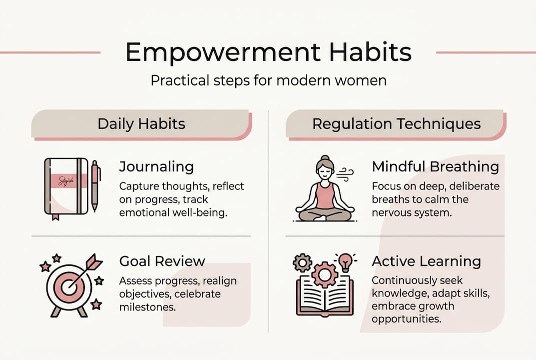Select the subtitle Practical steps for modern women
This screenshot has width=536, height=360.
pyautogui.click(x=268, y=80)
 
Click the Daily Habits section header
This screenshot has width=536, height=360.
pyautogui.click(x=141, y=124)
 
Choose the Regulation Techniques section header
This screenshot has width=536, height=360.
pyautogui.click(x=396, y=124)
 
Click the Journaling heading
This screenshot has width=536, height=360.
pyautogui.click(x=156, y=167)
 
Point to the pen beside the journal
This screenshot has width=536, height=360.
pyautogui.click(x=95, y=185)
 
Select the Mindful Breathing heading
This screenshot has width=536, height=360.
pyautogui.click(x=435, y=167)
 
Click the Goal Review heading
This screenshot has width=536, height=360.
pyautogui.click(x=162, y=261)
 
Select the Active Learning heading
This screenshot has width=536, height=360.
pyautogui.click(x=426, y=261)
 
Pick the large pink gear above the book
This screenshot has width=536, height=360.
pyautogui.click(x=323, y=273)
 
